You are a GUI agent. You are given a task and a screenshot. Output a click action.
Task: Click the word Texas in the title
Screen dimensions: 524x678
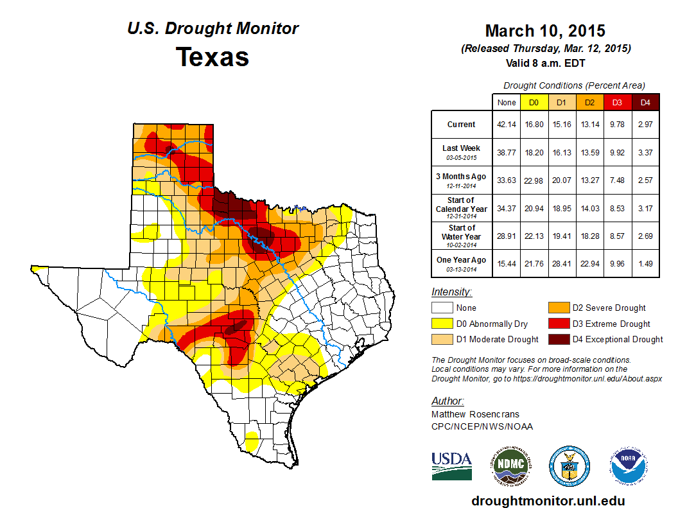tap(213, 57)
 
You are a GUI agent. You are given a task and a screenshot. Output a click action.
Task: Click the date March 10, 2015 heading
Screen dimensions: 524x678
tap(545, 31)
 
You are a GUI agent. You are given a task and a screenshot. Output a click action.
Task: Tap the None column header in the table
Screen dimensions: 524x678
tap(507, 102)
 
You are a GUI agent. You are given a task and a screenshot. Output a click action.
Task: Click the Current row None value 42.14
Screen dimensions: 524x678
tap(507, 125)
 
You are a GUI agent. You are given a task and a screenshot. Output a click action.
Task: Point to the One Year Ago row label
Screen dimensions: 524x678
tap(461, 260)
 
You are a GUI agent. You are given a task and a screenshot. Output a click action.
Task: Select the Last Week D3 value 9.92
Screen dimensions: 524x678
tap(617, 153)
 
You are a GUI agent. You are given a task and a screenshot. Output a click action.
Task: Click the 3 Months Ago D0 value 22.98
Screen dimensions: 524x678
tap(534, 180)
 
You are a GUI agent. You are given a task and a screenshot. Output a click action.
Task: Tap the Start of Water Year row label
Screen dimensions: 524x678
tap(461, 232)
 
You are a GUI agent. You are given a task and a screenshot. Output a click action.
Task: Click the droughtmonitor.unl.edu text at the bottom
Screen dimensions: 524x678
tap(548, 501)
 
